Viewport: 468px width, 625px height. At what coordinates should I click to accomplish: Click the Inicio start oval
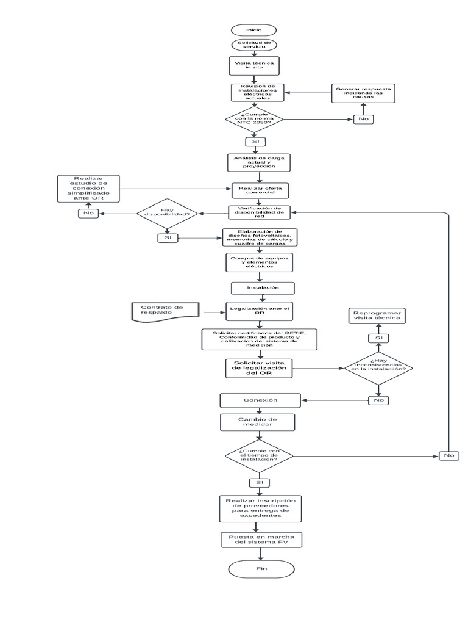tap(253, 30)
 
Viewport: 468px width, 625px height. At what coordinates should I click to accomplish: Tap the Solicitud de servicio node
tap(254, 45)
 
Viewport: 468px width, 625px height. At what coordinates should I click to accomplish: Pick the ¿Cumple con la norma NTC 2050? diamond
tap(255, 118)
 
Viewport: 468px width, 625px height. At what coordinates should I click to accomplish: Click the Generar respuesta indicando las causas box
tap(364, 93)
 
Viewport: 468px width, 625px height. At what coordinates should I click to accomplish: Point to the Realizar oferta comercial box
tap(260, 190)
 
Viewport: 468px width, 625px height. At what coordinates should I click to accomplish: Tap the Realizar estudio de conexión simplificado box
tap(89, 189)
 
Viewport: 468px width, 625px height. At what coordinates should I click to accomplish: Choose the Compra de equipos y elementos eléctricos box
tap(260, 262)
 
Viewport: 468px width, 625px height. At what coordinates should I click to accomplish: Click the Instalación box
tap(263, 287)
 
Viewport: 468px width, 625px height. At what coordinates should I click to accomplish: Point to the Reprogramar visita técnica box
tap(378, 316)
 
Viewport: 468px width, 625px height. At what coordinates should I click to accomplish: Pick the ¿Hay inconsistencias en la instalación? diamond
tap(378, 367)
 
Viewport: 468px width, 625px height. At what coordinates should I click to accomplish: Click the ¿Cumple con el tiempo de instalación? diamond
tap(259, 456)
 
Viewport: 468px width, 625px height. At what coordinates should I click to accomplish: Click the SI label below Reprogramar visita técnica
tap(378, 338)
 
